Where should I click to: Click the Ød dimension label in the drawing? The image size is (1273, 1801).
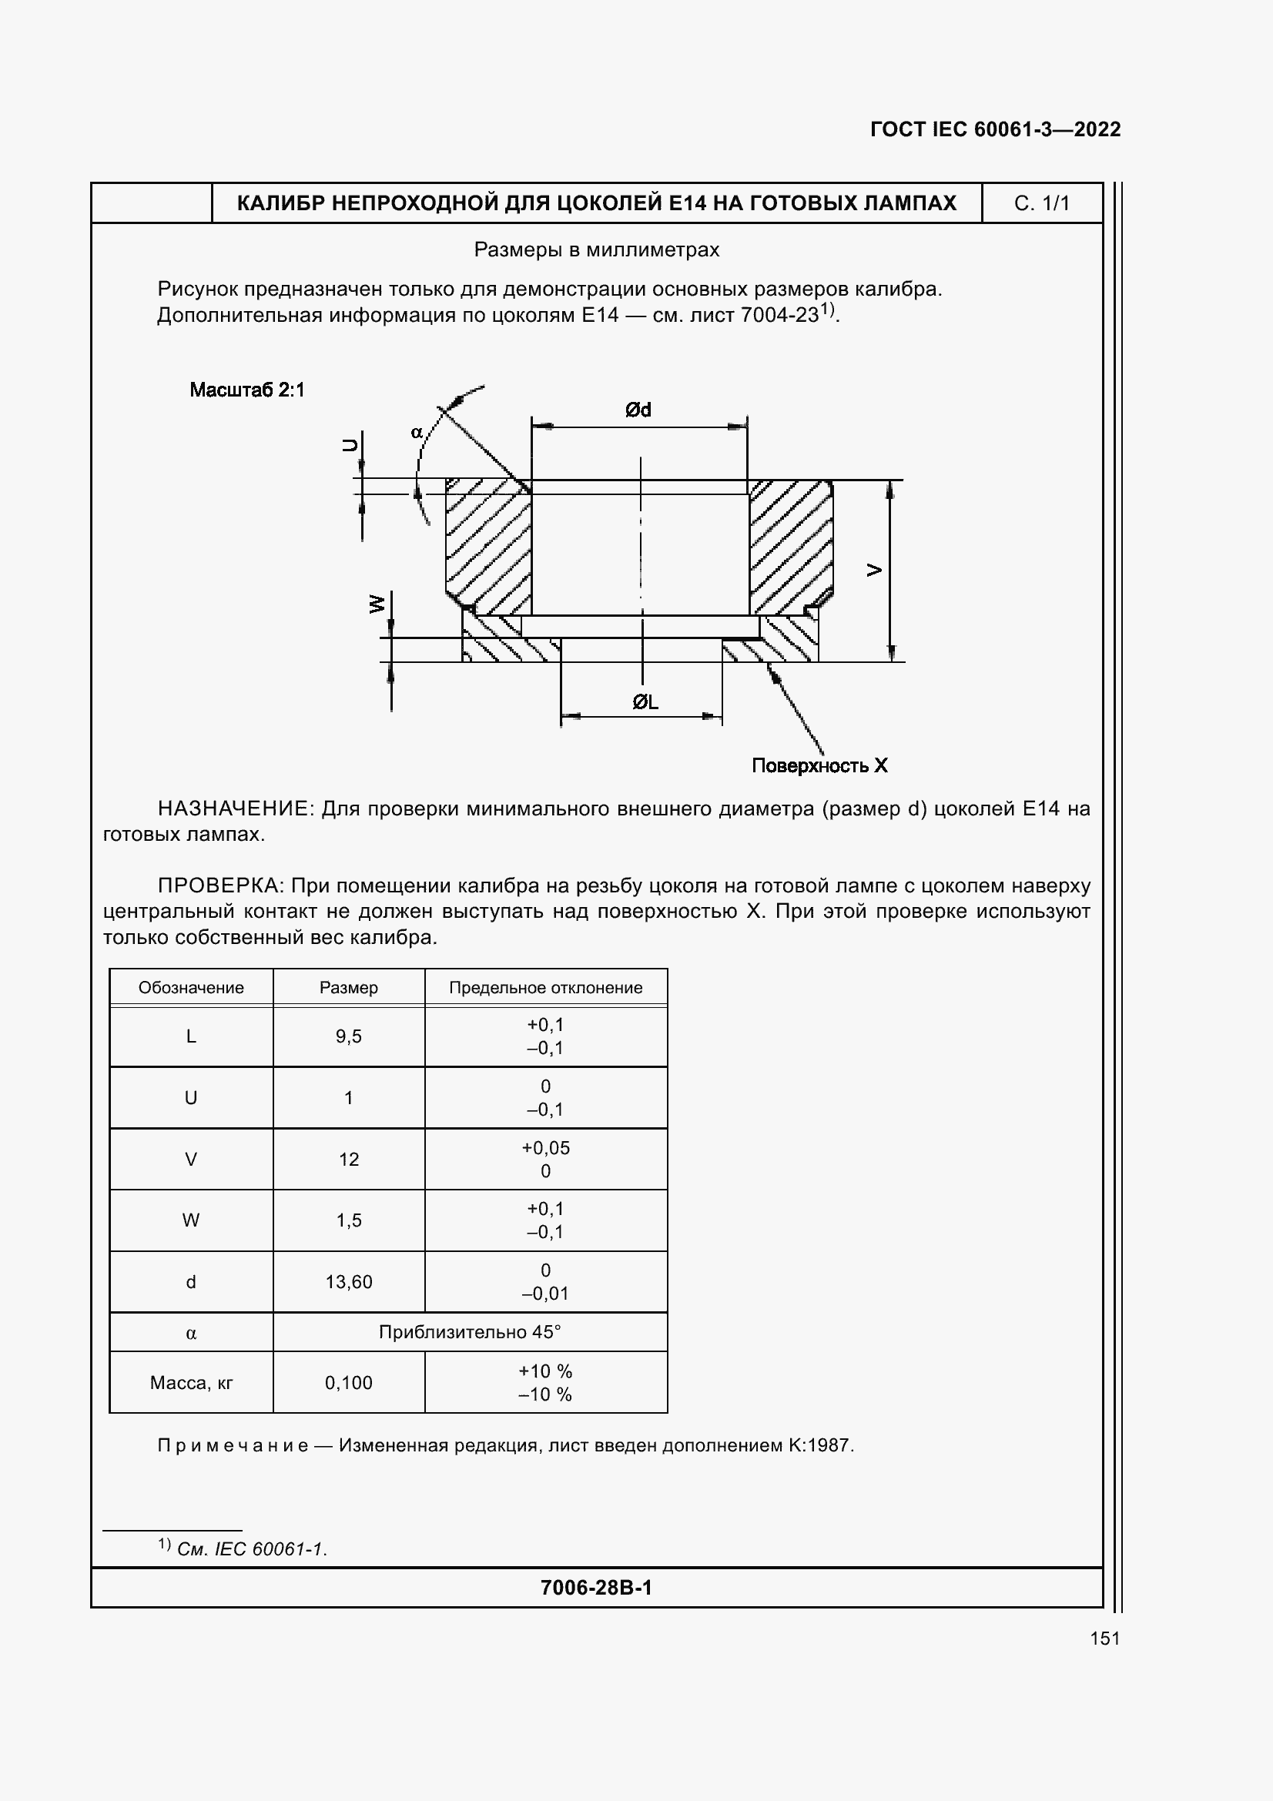click(x=638, y=410)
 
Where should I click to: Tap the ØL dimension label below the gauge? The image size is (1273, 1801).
click(x=645, y=702)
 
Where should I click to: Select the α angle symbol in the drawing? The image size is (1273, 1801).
click(x=417, y=432)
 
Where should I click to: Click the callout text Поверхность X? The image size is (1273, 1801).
click(x=819, y=765)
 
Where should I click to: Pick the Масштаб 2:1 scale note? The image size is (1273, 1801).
click(x=247, y=390)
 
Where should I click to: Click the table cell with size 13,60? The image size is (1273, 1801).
click(x=348, y=1282)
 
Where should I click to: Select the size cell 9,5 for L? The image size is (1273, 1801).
click(x=348, y=1036)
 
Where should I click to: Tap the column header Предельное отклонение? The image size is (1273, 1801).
click(x=545, y=988)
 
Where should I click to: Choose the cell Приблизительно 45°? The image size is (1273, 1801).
click(x=469, y=1332)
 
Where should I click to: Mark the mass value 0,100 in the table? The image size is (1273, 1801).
click(x=348, y=1383)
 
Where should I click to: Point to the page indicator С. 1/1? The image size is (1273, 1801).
click(x=1042, y=203)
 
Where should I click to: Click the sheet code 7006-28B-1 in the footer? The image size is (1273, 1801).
click(x=596, y=1588)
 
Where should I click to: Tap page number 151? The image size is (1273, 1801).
click(x=1104, y=1638)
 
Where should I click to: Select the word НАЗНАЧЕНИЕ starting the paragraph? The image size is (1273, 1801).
click(x=236, y=808)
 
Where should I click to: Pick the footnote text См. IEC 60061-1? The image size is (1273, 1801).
click(x=251, y=1549)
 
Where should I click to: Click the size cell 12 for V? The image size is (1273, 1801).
click(x=348, y=1160)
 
